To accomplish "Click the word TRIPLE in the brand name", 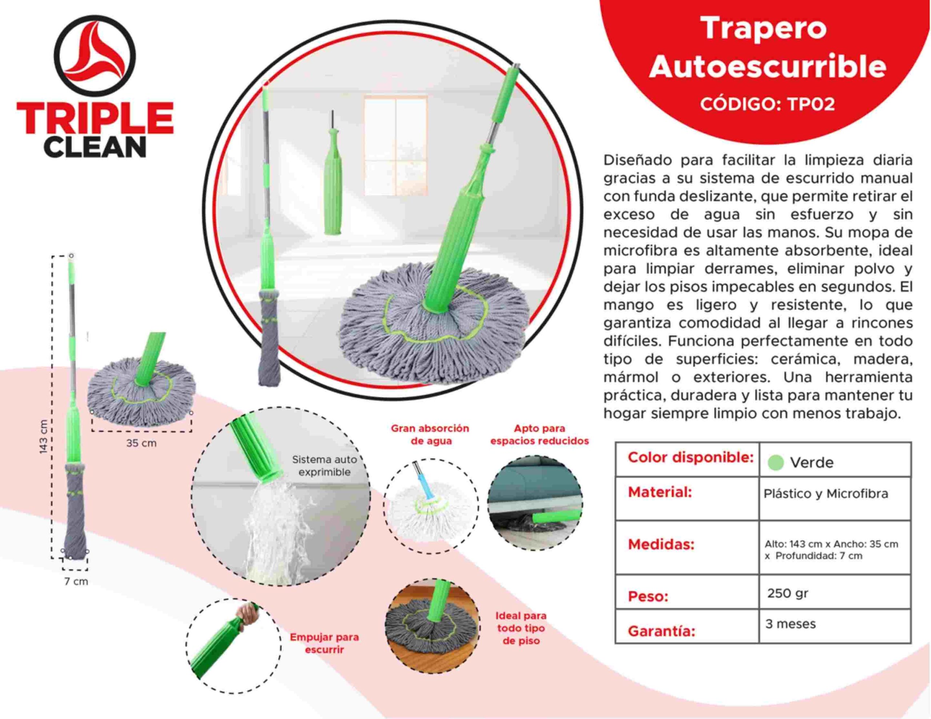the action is (x=95, y=118).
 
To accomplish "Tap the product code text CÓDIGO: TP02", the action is (x=767, y=104).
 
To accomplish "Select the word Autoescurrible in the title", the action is (x=768, y=66).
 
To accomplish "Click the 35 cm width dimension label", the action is (x=141, y=443).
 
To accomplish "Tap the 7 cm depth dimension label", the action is (x=76, y=581).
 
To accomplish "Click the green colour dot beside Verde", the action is (x=776, y=462).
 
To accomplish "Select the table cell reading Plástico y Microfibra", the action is (x=826, y=494).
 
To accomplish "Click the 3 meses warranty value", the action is (x=790, y=624).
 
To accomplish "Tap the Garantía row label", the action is (x=661, y=631).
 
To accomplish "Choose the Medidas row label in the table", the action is (x=661, y=544).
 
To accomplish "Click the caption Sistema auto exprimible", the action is (x=324, y=466).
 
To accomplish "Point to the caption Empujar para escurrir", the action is (x=324, y=643).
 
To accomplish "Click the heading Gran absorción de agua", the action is (x=430, y=434).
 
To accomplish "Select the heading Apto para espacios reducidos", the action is (x=539, y=434).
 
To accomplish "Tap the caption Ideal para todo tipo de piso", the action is (x=520, y=628).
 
